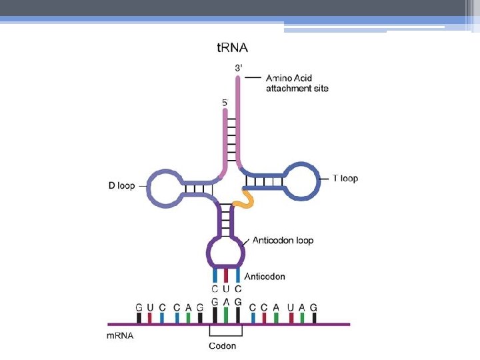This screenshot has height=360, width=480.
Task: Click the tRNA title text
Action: click(x=233, y=47)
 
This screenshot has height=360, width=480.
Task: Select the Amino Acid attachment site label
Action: click(x=297, y=83)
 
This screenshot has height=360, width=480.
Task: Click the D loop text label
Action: click(x=121, y=185)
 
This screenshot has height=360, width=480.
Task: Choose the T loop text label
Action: click(x=345, y=178)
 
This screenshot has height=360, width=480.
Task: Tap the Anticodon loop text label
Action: click(x=283, y=240)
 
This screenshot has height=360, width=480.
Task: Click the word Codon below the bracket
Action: click(x=222, y=345)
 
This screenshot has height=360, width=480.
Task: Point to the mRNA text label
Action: click(x=120, y=336)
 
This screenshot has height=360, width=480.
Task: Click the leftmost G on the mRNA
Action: click(x=139, y=307)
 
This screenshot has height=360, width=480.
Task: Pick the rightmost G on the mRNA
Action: click(x=313, y=307)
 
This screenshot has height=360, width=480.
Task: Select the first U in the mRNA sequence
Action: click(x=151, y=307)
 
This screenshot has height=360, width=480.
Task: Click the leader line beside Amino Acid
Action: click(x=252, y=78)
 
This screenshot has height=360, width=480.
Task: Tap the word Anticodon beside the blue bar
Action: click(x=265, y=276)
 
